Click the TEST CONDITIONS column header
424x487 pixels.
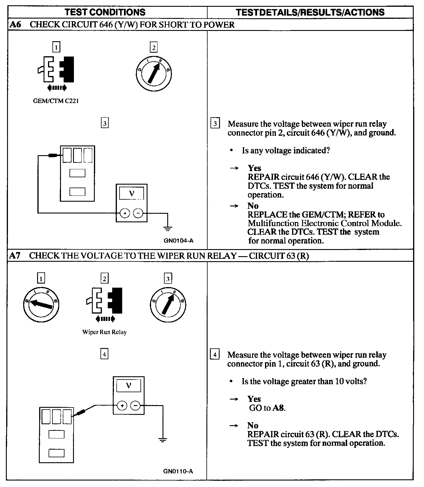[105, 12]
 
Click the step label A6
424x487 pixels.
[15, 24]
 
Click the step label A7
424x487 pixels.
[15, 256]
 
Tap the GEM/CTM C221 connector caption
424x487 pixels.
[56, 101]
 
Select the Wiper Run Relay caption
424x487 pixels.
[105, 332]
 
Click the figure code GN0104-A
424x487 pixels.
[179, 241]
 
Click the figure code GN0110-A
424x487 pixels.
[178, 471]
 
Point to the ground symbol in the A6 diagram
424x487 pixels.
[168, 228]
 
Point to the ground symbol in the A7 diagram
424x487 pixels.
[163, 440]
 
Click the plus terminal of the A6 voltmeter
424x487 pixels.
[125, 213]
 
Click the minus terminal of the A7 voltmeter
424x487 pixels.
[135, 406]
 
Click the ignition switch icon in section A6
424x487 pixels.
[153, 73]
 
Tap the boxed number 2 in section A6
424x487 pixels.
[153, 47]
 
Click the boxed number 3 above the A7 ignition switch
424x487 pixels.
[168, 279]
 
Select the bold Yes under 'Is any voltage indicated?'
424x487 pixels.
[254, 168]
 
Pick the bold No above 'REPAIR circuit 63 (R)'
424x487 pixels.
[253, 425]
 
